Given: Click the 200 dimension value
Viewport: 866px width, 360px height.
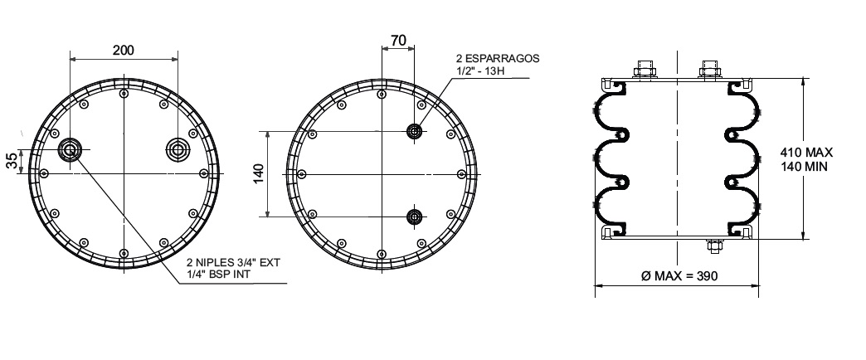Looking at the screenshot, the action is (123, 51).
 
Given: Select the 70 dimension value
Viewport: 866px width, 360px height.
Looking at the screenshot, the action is (398, 41).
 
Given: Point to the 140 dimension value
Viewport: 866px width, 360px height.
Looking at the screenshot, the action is (259, 174).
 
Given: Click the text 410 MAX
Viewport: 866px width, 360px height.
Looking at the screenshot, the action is (806, 153).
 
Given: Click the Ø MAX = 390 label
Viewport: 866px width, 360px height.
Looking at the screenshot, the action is (679, 275).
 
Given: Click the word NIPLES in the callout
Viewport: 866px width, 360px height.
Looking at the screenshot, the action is (216, 262).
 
